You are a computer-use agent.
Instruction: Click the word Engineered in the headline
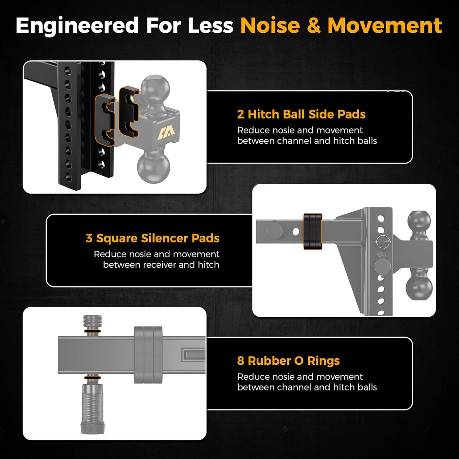[77, 25]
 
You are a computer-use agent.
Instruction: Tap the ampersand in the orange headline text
[314, 25]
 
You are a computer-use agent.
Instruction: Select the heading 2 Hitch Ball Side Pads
[301, 114]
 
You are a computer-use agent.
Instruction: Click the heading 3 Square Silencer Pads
[152, 238]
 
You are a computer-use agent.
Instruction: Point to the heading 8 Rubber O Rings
[288, 361]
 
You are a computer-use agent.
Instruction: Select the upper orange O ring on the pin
[92, 332]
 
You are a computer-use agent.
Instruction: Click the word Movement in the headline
[385, 25]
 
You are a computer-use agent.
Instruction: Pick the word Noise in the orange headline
[270, 25]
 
